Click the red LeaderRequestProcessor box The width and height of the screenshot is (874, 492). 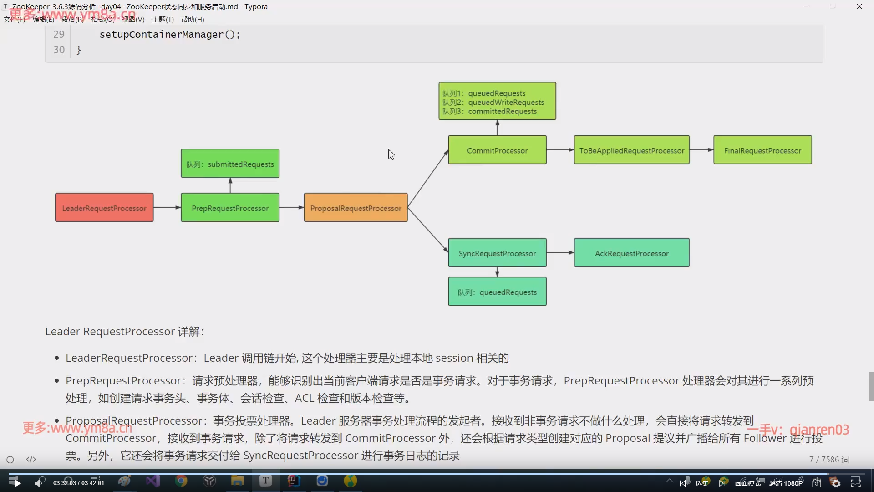tap(104, 208)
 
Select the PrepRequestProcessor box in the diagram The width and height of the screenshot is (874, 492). tap(230, 208)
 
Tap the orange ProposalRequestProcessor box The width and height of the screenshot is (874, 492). tap(356, 208)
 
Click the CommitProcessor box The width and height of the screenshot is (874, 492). tap(497, 150)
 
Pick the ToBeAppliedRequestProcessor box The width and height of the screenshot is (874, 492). tap(631, 150)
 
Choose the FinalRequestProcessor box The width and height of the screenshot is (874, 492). tap(762, 150)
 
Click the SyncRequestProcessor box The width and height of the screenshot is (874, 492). tap(497, 253)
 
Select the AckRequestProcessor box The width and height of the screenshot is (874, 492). tap(631, 253)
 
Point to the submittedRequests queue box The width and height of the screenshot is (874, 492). tap(230, 164)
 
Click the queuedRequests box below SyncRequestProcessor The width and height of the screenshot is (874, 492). tap(497, 292)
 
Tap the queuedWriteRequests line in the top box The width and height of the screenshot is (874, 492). tap(506, 102)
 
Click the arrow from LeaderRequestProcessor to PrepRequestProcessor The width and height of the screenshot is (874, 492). tap(167, 208)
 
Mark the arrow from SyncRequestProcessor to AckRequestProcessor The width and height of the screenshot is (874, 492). tap(560, 253)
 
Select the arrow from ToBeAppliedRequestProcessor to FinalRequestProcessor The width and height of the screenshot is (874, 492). tap(701, 150)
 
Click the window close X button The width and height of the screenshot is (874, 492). tap(859, 6)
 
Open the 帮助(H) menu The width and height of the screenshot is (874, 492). tap(192, 19)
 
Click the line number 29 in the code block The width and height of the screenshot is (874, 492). tap(59, 34)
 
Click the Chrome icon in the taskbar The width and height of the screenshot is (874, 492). tap(181, 481)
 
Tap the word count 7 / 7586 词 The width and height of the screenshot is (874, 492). tap(829, 459)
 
